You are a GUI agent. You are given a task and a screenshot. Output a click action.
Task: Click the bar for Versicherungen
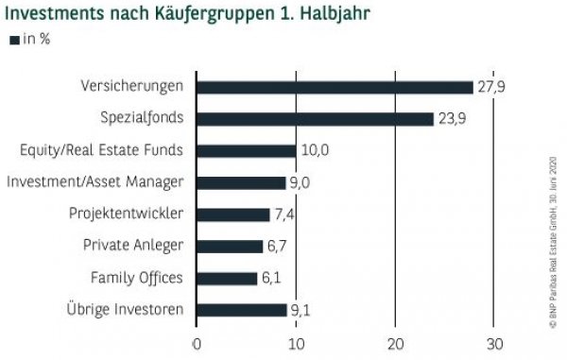point(335,87)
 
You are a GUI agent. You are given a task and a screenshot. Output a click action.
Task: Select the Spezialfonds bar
point(315,119)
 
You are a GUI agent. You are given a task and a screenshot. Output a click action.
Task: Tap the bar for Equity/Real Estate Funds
point(246,150)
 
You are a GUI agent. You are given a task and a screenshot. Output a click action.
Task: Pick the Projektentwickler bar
point(232,214)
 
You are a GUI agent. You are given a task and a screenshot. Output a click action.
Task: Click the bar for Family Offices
point(226,278)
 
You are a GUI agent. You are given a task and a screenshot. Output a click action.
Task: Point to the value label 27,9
point(492,87)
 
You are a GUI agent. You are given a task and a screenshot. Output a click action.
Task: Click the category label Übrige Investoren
point(124,310)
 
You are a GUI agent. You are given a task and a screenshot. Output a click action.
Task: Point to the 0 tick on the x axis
point(197,343)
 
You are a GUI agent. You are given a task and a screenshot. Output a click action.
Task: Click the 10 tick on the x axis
point(296,343)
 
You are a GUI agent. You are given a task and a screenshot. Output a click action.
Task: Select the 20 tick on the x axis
point(395,343)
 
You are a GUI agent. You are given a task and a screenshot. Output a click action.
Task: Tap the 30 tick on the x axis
point(494,343)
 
